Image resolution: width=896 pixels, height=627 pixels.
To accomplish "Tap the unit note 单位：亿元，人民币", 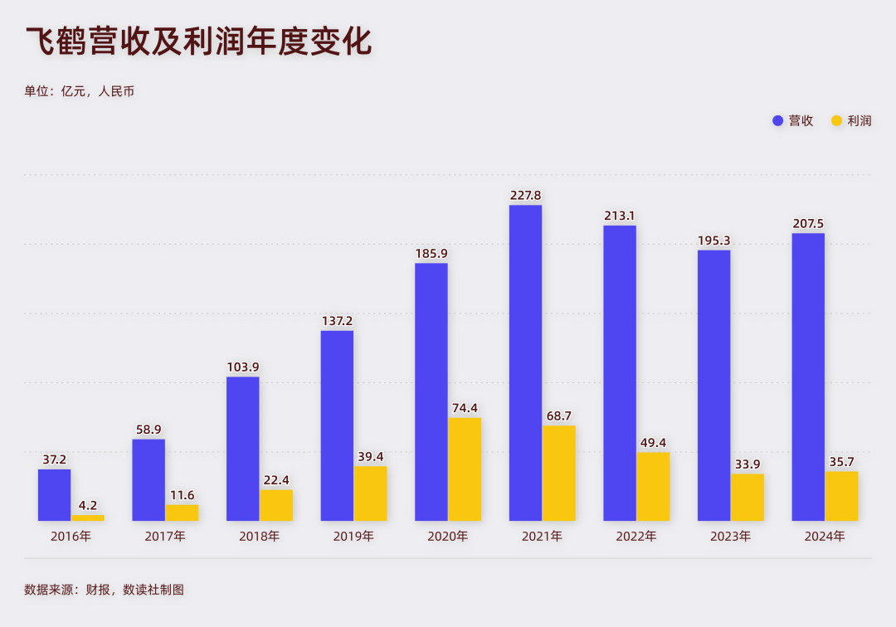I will coord(80,91).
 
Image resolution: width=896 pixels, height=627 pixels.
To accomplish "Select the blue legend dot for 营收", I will coord(778,121).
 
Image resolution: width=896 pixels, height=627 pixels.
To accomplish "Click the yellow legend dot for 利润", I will coord(836,121).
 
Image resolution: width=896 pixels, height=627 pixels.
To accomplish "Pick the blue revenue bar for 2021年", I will coord(525,362).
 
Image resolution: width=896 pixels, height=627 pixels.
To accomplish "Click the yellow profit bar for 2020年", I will coord(465,469).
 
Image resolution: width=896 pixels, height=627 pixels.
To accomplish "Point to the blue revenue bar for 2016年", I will coord(54,495).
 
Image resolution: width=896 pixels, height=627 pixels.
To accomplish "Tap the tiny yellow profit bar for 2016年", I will coord(87,518).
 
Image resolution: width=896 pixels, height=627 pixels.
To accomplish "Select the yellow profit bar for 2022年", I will coord(653,486).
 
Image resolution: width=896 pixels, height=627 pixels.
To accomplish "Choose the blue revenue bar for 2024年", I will coord(808,377).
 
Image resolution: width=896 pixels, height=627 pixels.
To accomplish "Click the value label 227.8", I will coord(525,196).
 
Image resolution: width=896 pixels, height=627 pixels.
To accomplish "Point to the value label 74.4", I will coord(465,408).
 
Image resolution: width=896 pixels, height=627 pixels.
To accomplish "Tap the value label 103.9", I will coord(242,367).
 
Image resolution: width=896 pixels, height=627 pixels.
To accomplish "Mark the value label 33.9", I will coord(747,464).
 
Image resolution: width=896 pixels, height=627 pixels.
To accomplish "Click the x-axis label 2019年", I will coord(353,537).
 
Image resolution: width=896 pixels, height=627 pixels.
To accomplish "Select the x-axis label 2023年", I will coord(730,537).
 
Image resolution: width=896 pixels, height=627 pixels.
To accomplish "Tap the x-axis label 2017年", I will coord(165,537).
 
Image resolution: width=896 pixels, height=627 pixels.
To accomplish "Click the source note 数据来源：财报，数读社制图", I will coord(104,591).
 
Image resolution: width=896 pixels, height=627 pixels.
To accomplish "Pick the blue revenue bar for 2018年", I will coord(242,449).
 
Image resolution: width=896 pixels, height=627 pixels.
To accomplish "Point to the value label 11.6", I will coord(182,495).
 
